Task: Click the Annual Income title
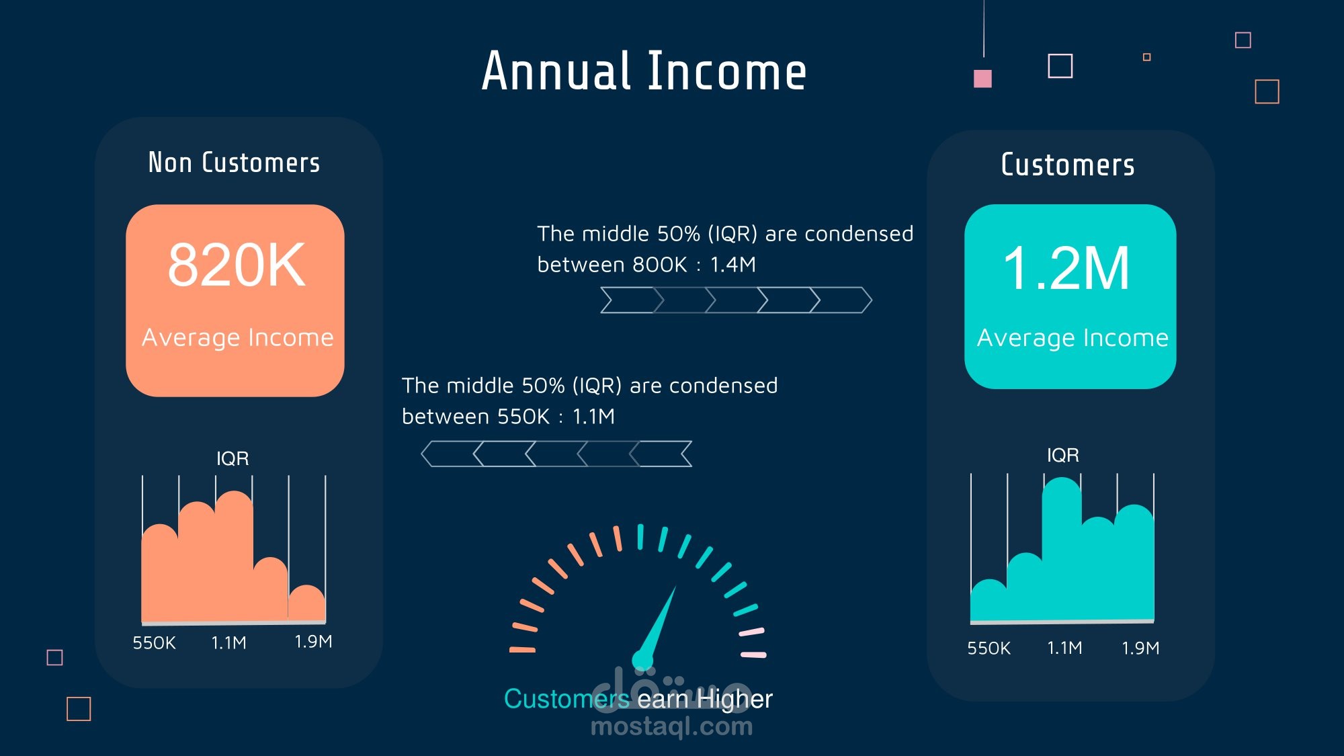[644, 71]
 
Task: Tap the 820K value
[237, 265]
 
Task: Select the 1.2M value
[1066, 268]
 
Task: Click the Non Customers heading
[234, 163]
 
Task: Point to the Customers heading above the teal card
[1068, 165]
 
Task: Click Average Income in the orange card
[237, 337]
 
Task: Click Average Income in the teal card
[1073, 338]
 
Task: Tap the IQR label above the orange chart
[233, 458]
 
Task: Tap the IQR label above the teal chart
[1063, 455]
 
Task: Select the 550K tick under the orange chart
[154, 643]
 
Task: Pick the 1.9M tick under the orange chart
[313, 642]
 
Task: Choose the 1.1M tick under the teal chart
[1064, 648]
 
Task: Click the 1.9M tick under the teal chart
[1140, 648]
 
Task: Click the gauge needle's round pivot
[642, 659]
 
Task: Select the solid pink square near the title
[982, 79]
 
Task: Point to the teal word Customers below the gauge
[566, 700]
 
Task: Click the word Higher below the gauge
[734, 700]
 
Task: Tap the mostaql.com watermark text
[671, 726]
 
